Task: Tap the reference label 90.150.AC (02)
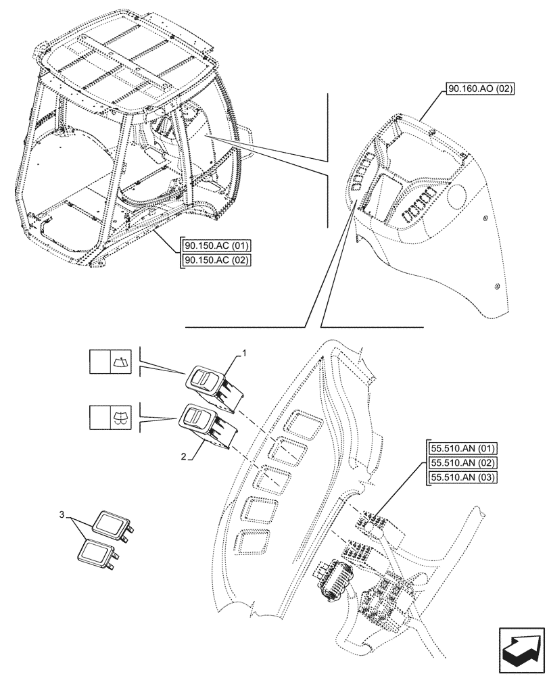click(216, 260)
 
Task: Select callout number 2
click(184, 458)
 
